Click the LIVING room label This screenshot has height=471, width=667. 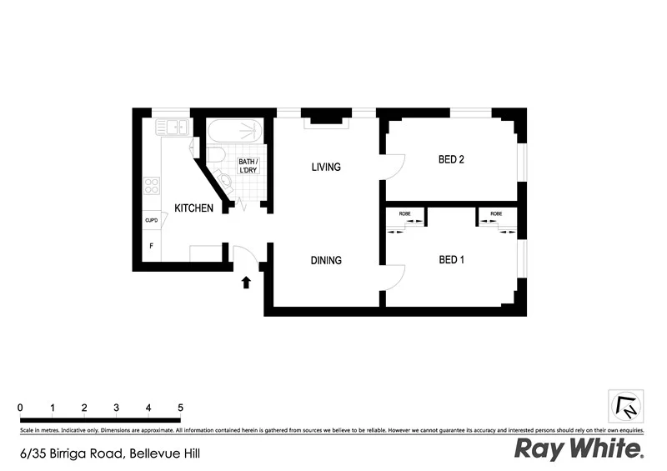tap(326, 167)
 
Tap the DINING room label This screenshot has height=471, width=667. tap(326, 260)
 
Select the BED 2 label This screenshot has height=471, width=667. tap(451, 160)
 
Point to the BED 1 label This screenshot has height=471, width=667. tap(451, 260)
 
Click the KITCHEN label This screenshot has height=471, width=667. tap(193, 208)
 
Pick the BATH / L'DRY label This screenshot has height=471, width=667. tap(248, 165)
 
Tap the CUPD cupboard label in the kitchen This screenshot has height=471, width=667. tap(152, 220)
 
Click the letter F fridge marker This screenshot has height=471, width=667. tap(151, 246)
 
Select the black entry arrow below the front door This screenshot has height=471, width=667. tap(246, 283)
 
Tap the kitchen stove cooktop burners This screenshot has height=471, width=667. tap(152, 186)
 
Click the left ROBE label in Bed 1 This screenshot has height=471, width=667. tap(404, 214)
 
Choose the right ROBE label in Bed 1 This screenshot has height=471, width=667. tap(496, 214)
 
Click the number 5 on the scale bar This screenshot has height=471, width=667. tap(180, 407)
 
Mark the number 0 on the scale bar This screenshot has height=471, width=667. tap(20, 407)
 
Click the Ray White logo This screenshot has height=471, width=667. tap(579, 449)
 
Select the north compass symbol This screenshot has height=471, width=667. tap(625, 406)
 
